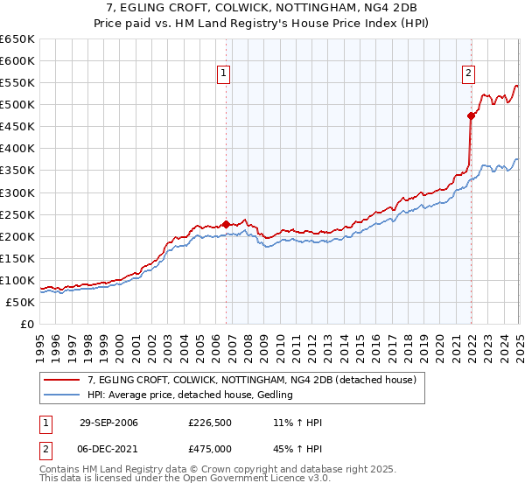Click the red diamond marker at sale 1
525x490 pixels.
[x=227, y=224]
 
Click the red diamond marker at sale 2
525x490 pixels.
[x=472, y=115]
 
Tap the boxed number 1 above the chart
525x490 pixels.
[x=225, y=73]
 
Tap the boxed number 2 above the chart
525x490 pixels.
[x=469, y=73]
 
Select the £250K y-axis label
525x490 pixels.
[x=18, y=214]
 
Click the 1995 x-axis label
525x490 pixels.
[x=40, y=343]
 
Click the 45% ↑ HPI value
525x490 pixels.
[x=298, y=448]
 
